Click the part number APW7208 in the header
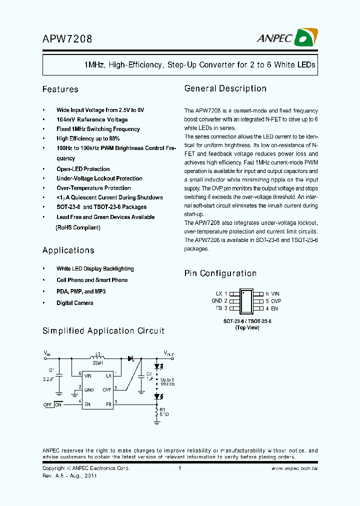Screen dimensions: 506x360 coord(67,38)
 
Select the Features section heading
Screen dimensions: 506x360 coord(60,89)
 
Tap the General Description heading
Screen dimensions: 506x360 coord(225,88)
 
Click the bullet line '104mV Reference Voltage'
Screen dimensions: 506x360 coord(92,119)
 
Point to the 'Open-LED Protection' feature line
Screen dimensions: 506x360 coord(83,169)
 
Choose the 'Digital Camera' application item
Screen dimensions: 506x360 coord(75,303)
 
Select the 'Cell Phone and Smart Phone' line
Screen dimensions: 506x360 coord(92,280)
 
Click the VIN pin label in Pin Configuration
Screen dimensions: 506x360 coord(275,294)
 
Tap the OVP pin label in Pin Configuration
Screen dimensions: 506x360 coord(276,301)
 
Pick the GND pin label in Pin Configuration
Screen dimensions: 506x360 coord(216,301)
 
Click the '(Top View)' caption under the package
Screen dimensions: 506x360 coord(247,328)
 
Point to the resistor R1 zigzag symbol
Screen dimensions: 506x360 coord(157,412)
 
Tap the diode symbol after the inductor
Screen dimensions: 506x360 coord(131,358)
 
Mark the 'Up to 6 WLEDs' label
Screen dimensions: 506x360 coord(168,382)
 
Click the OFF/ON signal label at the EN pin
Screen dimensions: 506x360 coord(53,404)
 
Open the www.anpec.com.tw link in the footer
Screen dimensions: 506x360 coord(294,468)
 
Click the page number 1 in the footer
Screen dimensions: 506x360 coord(179,468)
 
